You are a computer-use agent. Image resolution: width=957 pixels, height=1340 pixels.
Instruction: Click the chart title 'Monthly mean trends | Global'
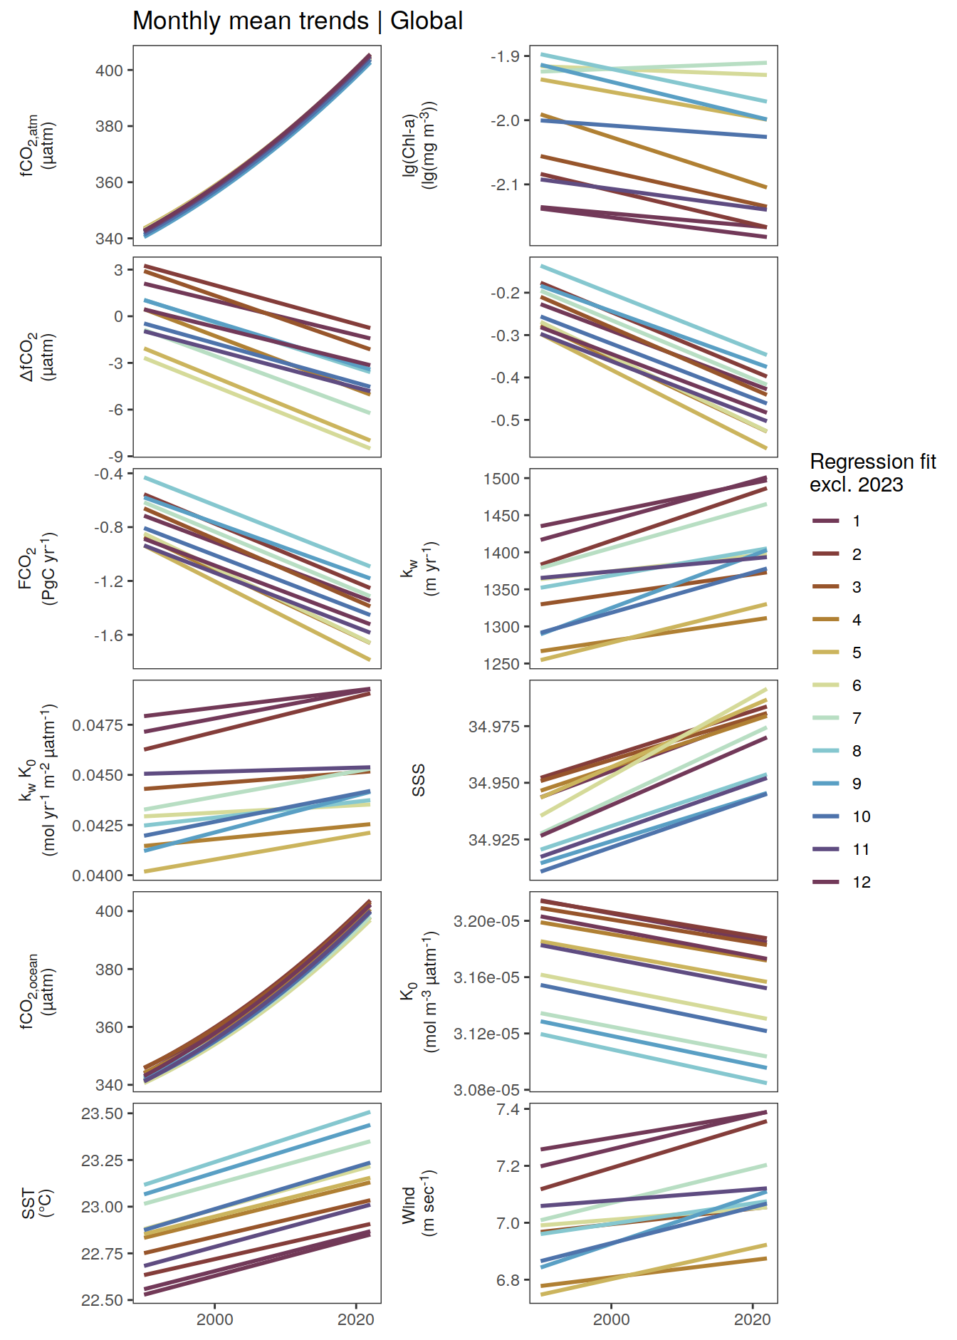(298, 21)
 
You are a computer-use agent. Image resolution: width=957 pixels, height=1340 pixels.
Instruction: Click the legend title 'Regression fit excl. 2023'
(872, 473)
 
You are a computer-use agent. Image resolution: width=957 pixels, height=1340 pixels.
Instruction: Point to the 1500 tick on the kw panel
(501, 479)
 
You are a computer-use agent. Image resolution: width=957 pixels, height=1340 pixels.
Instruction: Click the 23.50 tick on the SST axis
(102, 1113)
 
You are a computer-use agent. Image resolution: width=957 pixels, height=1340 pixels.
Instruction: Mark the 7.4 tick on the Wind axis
(508, 1109)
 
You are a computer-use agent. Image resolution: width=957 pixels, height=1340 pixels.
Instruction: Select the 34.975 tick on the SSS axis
(493, 727)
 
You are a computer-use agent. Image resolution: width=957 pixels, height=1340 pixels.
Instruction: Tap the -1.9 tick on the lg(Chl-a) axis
(504, 56)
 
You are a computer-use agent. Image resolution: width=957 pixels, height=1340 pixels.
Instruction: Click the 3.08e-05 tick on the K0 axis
(486, 1090)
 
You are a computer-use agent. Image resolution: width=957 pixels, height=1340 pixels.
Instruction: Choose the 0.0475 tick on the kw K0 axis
(98, 725)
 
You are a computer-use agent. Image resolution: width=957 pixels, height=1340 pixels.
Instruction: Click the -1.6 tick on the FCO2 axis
(108, 635)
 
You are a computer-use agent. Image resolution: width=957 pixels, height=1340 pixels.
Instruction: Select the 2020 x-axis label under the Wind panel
(753, 1319)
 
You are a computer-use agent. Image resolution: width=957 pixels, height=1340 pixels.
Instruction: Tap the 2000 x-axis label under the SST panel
(215, 1319)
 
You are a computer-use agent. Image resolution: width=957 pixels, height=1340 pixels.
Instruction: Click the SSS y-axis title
(419, 780)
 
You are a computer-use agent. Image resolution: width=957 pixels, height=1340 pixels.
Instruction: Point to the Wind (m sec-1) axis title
(419, 1204)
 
